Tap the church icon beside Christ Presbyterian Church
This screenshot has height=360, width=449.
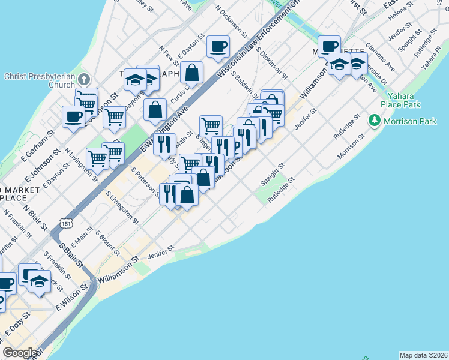coord(84,79)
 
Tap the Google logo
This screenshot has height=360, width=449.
coord(20,353)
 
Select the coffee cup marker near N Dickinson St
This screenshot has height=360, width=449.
coord(218,47)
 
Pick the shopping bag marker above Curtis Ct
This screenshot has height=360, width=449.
coord(191,73)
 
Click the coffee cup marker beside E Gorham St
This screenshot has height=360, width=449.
coord(74,116)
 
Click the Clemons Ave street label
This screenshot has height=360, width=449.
coord(379,55)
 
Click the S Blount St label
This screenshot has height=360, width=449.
coord(107,242)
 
